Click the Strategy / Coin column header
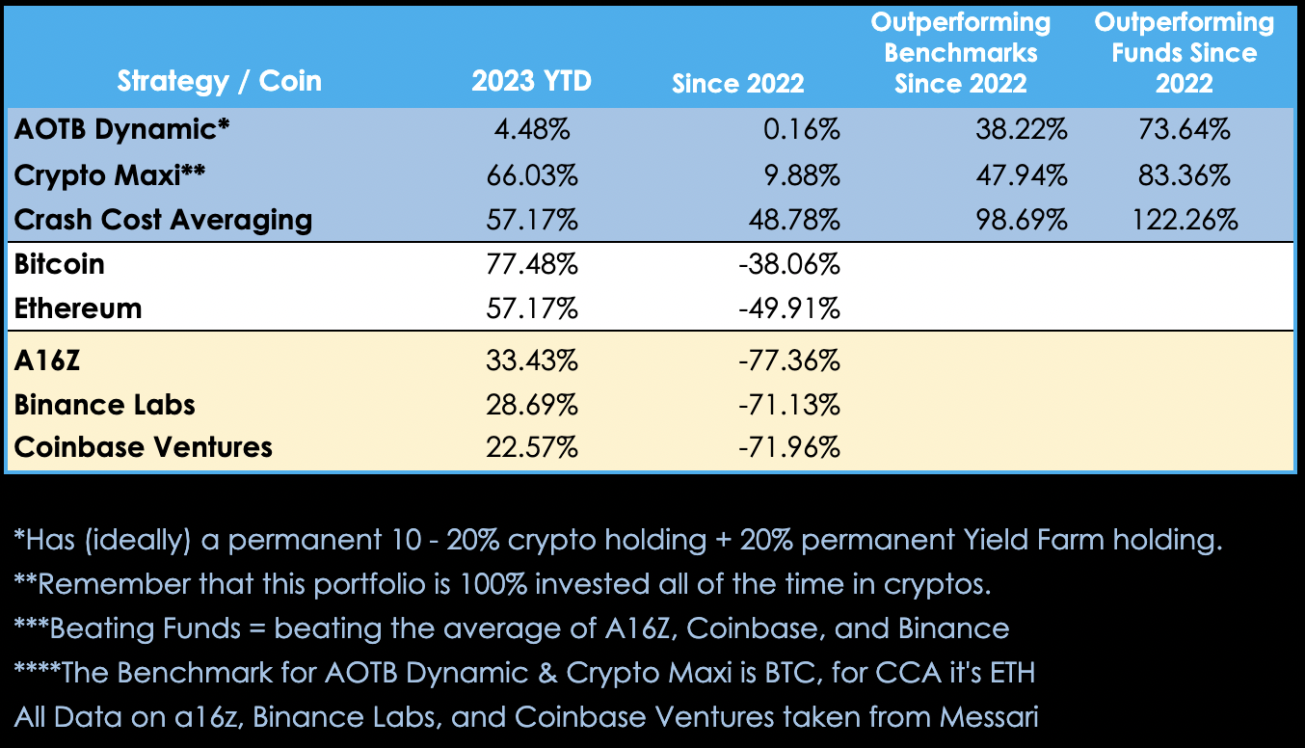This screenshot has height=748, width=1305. tap(219, 81)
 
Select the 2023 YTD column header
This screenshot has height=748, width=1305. tap(531, 81)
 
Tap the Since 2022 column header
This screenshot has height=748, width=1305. tap(737, 83)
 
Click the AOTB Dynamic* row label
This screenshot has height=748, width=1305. tap(122, 130)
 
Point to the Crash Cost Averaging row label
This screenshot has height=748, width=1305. tap(163, 219)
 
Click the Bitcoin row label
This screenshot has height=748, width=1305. tap(60, 263)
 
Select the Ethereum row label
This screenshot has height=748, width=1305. tap(78, 308)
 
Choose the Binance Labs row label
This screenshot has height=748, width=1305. tap(105, 404)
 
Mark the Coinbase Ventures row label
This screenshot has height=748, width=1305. tap(144, 447)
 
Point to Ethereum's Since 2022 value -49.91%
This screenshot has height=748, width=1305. tap(788, 308)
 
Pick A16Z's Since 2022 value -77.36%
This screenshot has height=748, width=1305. tap(788, 361)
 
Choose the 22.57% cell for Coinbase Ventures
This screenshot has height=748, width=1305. tap(531, 447)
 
